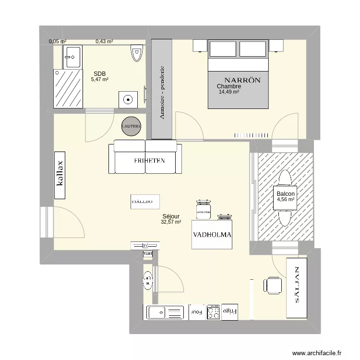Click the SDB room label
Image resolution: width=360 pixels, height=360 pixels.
pyautogui.click(x=100, y=73)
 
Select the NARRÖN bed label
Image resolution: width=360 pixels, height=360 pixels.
pyautogui.click(x=242, y=80)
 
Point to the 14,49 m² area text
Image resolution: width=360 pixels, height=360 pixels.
pyautogui.click(x=229, y=92)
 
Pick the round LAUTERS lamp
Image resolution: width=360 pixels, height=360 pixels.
pyautogui.click(x=132, y=126)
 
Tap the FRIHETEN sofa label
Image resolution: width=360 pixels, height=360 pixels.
pyautogui.click(x=150, y=161)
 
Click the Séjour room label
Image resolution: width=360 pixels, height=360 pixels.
pyautogui.click(x=171, y=216)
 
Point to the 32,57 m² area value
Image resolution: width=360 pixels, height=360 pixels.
pyautogui.click(x=171, y=222)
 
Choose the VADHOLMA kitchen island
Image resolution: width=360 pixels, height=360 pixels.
pyautogui.click(x=212, y=235)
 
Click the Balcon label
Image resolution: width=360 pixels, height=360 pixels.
pyautogui.click(x=285, y=194)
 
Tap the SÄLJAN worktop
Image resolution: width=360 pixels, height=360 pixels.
pyautogui.click(x=297, y=287)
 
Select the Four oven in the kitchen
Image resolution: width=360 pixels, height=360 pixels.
pyautogui.click(x=197, y=312)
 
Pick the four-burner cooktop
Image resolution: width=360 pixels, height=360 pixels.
pyautogui.click(x=214, y=312)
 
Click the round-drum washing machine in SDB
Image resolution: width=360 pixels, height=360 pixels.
pyautogui.click(x=128, y=99)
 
